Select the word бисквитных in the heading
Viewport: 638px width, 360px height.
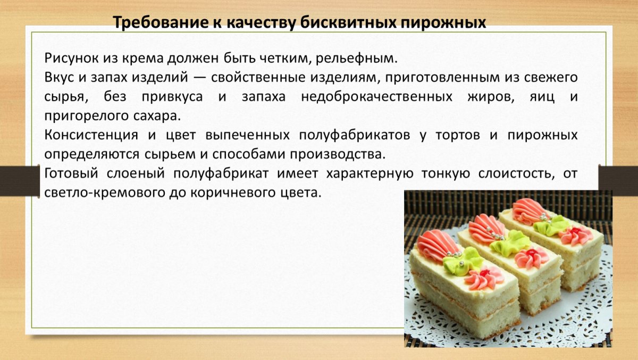click(x=348, y=22)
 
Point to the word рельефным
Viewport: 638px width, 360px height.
click(x=356, y=58)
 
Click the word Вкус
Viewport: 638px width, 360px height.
click(x=59, y=78)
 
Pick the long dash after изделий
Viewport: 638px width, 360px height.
click(x=199, y=78)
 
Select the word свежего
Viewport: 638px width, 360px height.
click(x=551, y=78)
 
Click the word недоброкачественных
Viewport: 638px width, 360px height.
click(x=376, y=97)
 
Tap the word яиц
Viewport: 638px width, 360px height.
click(x=542, y=97)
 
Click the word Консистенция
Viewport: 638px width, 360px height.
click(x=91, y=135)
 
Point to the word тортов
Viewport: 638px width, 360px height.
click(x=458, y=135)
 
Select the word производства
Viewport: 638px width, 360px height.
click(x=338, y=154)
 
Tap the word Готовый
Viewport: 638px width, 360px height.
click(x=71, y=173)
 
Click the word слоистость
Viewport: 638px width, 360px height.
click(x=516, y=174)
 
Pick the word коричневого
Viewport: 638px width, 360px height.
click(x=241, y=193)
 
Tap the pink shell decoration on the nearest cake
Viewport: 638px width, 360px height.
click(x=437, y=246)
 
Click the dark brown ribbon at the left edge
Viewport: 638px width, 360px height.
click(x=20, y=181)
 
